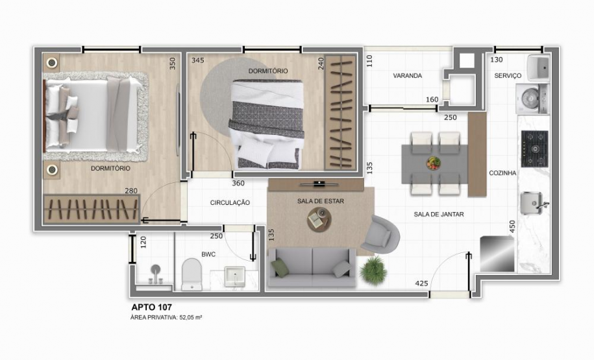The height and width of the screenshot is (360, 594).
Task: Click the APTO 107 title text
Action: [151, 307]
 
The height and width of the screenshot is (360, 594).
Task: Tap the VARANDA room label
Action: [408, 76]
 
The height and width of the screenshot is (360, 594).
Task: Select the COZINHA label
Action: [502, 173]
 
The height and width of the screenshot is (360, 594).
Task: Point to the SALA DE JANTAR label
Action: [439, 214]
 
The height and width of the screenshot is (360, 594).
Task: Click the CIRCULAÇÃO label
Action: [230, 203]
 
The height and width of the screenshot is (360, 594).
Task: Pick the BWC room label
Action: [208, 254]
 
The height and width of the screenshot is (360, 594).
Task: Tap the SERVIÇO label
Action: [508, 76]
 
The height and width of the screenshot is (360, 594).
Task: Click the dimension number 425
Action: [421, 283]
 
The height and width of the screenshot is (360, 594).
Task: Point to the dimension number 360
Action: [238, 183]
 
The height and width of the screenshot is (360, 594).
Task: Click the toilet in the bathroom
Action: [192, 274]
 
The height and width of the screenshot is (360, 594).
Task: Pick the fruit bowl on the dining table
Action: [433, 163]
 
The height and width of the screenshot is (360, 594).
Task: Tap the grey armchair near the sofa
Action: [383, 234]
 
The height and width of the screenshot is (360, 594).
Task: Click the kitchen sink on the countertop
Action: [534, 203]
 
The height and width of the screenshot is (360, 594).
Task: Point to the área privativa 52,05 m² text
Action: [167, 317]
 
